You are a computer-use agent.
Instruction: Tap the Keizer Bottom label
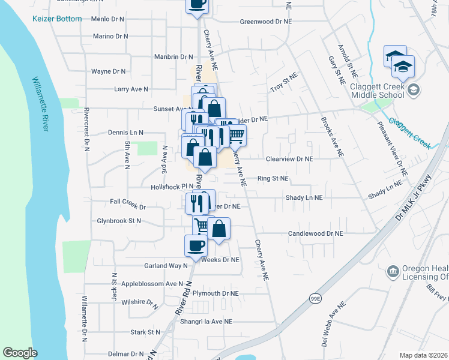[57, 19]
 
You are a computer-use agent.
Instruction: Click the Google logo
[20, 353]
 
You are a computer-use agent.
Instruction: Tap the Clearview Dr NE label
[289, 160]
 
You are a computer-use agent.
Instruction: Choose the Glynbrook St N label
[119, 221]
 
